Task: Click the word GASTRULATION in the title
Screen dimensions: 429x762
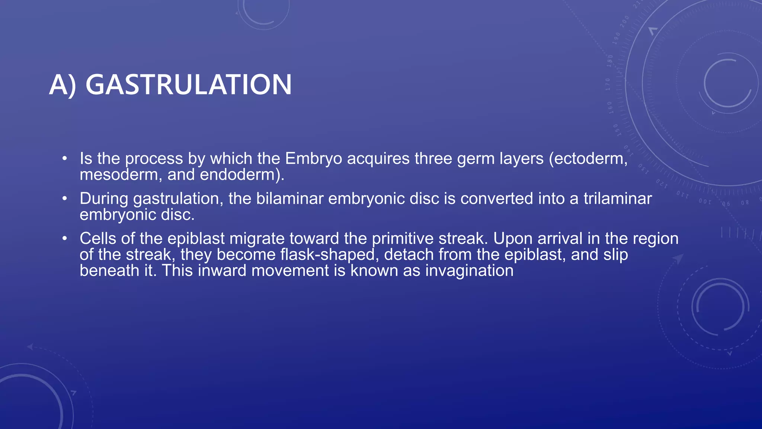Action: click(x=189, y=85)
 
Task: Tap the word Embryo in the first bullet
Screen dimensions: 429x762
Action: click(x=313, y=159)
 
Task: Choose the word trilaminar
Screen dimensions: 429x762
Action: click(x=618, y=198)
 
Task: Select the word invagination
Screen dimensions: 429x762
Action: click(x=469, y=271)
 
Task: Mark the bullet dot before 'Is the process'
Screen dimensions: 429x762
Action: click(x=65, y=159)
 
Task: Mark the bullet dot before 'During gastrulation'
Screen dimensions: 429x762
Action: click(x=65, y=198)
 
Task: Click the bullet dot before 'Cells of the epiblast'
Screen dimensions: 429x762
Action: click(x=65, y=238)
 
